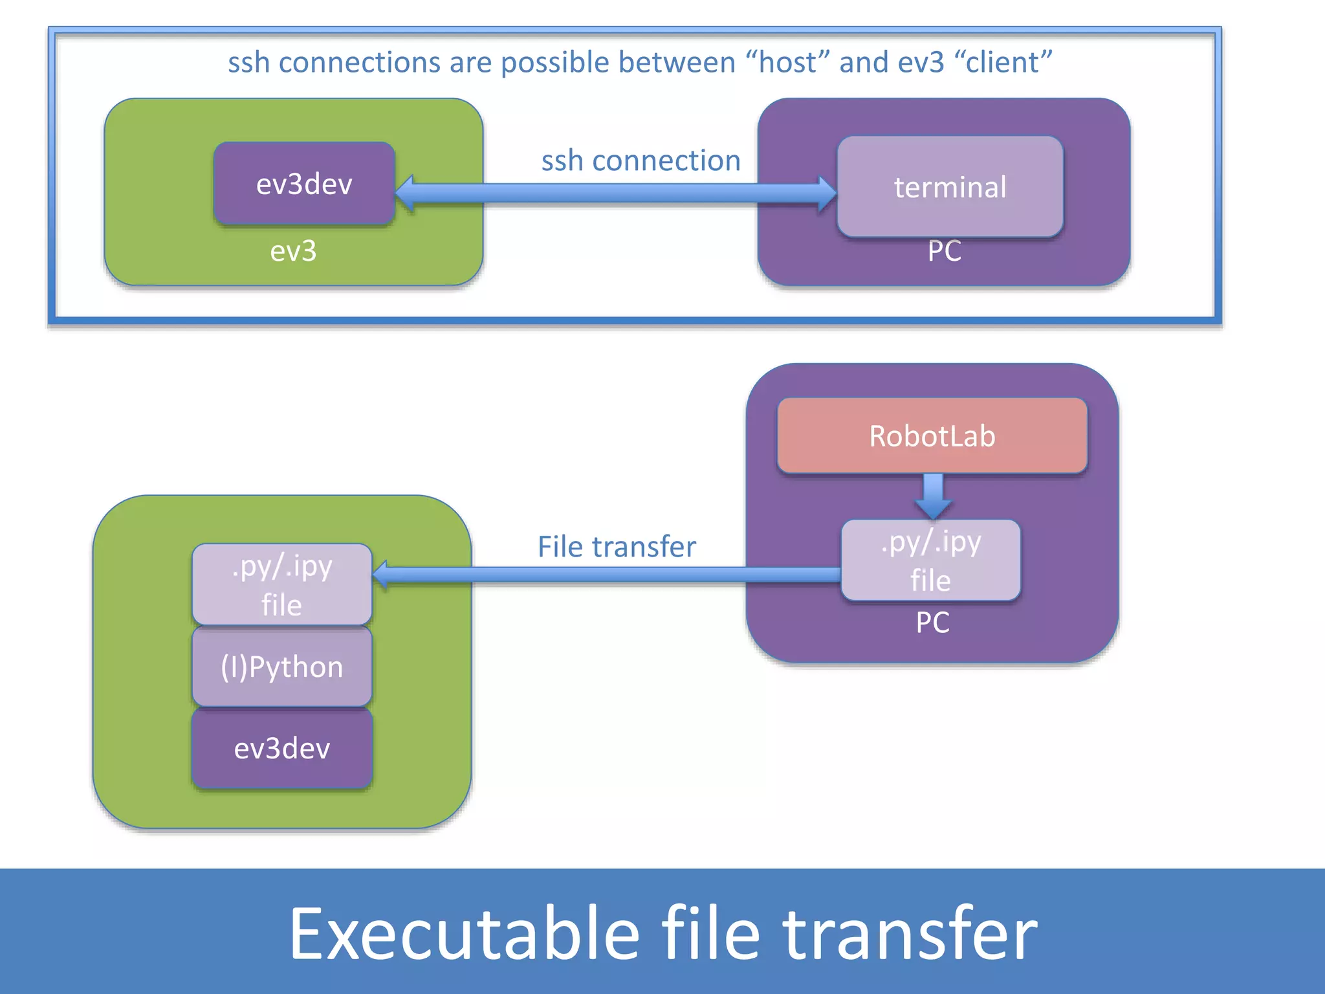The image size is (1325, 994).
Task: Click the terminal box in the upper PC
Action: [950, 187]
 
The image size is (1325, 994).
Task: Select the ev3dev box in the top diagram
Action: [304, 184]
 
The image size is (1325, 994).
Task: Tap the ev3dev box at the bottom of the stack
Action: [282, 749]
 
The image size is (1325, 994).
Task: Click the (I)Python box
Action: [282, 667]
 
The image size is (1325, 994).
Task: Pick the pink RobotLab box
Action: [932, 436]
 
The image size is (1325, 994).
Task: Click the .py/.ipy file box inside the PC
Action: [930, 560]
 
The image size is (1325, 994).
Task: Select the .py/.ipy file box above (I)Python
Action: [282, 584]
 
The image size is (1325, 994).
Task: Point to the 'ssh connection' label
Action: [641, 160]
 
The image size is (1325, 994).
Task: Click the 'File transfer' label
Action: [617, 547]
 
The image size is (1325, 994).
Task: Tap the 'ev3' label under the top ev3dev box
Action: [293, 251]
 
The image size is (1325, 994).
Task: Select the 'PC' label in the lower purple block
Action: [932, 623]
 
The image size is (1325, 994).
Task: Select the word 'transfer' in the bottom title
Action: [910, 934]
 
